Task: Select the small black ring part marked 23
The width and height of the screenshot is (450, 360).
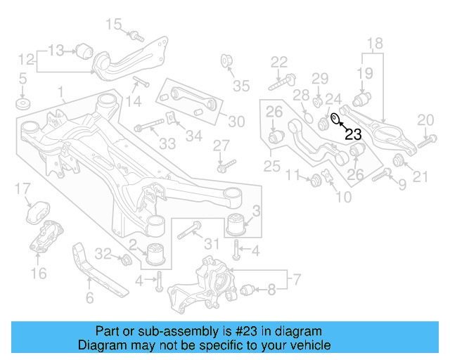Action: (x=335, y=117)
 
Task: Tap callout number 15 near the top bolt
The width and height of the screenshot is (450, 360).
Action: (x=114, y=25)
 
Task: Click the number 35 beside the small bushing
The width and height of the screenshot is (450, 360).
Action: (x=241, y=86)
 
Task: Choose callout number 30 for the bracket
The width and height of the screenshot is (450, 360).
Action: (x=236, y=122)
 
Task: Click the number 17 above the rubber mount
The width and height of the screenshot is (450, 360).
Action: (x=23, y=188)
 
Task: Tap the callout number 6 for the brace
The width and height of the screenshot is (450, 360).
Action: (x=89, y=298)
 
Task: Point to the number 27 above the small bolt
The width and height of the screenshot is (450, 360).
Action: (x=221, y=145)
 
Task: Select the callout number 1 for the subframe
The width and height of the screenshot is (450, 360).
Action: (x=61, y=91)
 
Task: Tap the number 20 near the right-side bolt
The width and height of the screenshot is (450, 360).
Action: (x=425, y=120)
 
